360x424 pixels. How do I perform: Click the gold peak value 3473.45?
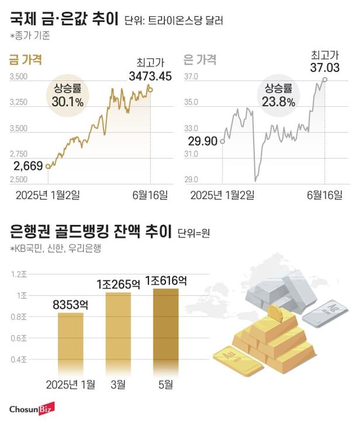tap(150, 75)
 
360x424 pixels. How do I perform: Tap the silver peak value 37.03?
tap(324, 68)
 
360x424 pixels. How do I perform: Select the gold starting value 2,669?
tap(27, 166)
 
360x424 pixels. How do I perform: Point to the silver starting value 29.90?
tap(203, 140)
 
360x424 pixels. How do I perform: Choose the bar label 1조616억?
tap(166, 280)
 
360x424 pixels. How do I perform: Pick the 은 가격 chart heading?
tap(200, 59)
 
